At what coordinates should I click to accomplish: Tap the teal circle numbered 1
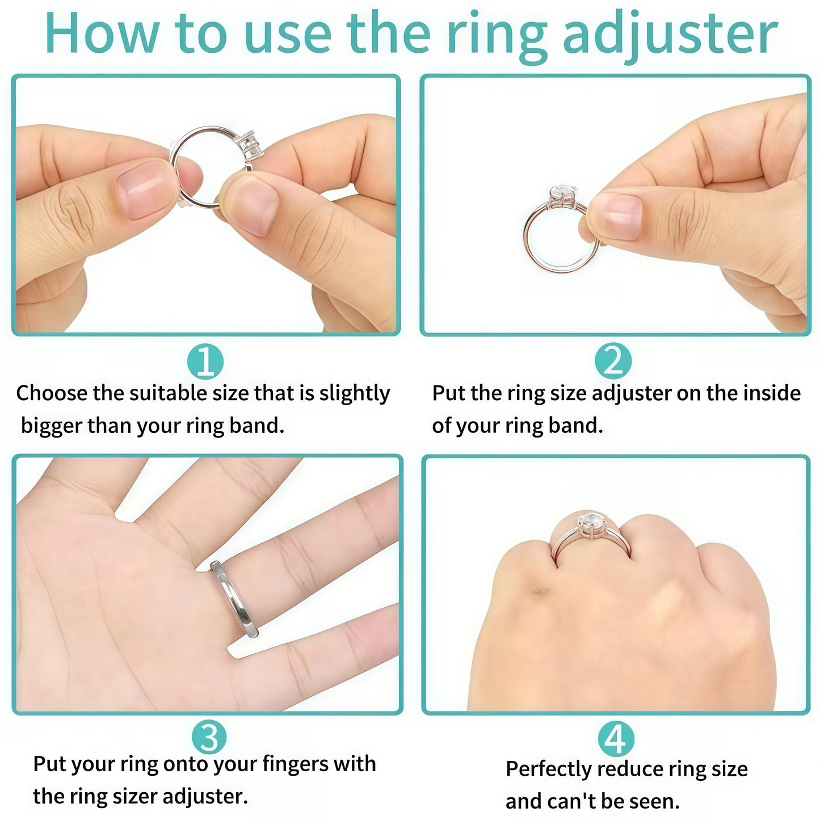pyautogui.click(x=205, y=361)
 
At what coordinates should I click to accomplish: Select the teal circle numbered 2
pyautogui.click(x=613, y=361)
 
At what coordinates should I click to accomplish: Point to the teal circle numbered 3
pyautogui.click(x=209, y=737)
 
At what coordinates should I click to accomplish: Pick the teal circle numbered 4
pyautogui.click(x=616, y=739)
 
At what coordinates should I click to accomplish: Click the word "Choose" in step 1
pyautogui.click(x=51, y=393)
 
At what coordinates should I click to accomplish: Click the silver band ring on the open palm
pyautogui.click(x=234, y=599)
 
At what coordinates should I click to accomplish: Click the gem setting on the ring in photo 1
pyautogui.click(x=250, y=144)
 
